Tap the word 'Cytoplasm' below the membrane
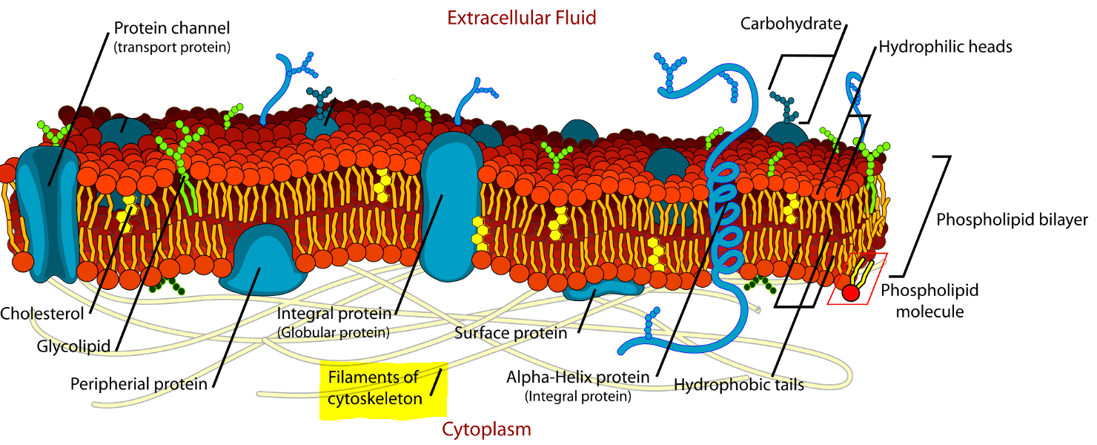point(486,429)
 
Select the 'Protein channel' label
point(172,29)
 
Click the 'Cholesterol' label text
point(42,314)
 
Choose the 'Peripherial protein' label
point(139,384)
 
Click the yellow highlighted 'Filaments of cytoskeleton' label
point(374,388)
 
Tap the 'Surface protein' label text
point(511,333)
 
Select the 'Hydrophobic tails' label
point(739,385)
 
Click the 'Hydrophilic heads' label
point(945,47)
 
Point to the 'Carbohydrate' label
point(791,24)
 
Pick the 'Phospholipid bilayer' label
point(1012,220)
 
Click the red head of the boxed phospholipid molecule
point(850,293)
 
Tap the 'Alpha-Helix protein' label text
point(578,378)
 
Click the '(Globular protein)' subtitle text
point(334,333)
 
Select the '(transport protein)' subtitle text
point(172,47)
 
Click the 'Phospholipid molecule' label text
point(929,300)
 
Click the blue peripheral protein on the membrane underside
point(263,263)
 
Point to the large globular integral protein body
point(450,200)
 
